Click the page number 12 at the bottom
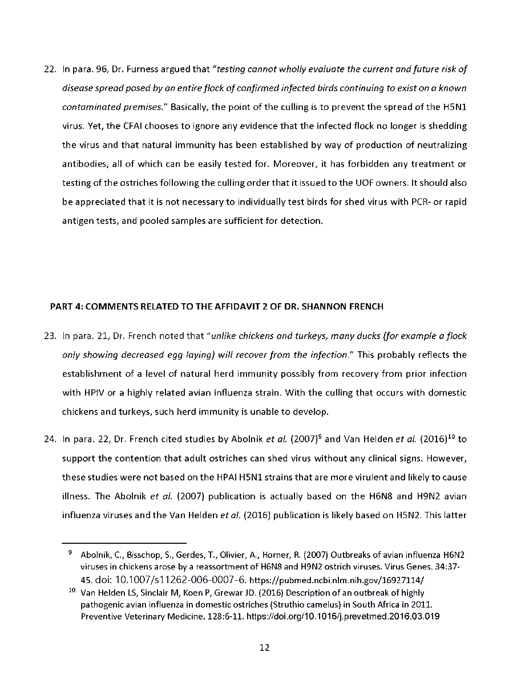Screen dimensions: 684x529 [264, 648]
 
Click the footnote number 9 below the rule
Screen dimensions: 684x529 [69, 552]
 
